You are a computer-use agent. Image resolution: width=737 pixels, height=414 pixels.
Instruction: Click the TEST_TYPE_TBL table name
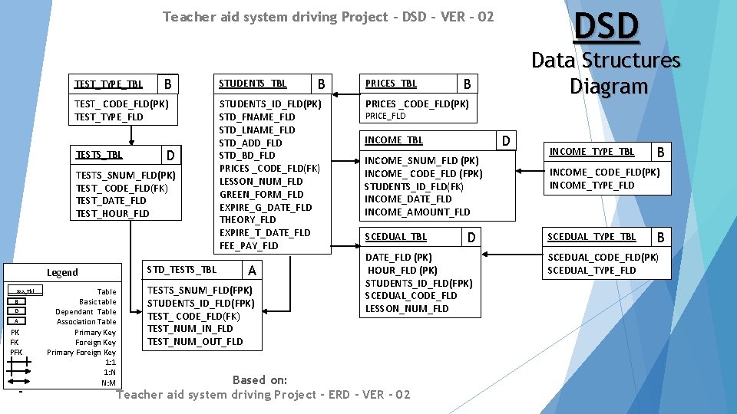108,84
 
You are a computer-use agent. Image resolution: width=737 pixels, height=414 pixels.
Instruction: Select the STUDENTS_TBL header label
253,84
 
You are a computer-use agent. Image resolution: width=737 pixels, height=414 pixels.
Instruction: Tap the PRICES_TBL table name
391,84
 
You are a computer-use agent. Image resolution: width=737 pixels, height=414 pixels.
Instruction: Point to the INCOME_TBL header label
393,140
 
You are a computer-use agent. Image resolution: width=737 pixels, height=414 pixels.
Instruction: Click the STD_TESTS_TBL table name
181,269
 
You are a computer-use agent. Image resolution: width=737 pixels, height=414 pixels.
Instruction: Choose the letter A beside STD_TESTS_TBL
252,270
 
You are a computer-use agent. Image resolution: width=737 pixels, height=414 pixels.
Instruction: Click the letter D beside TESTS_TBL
170,156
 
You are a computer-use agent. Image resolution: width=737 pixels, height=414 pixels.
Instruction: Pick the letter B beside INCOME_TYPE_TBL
659,152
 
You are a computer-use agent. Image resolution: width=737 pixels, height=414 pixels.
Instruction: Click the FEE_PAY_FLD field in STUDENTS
249,245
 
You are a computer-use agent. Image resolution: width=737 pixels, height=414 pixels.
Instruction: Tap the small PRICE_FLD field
385,117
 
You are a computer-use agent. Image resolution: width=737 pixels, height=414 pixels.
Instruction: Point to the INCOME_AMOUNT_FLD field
417,212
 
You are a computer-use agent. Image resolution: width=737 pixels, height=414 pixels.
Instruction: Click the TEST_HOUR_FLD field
112,213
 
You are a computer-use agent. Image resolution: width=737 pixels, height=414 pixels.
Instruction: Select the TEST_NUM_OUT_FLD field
195,341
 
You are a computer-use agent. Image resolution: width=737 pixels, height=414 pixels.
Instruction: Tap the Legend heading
62,272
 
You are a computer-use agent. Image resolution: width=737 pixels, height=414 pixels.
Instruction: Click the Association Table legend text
87,322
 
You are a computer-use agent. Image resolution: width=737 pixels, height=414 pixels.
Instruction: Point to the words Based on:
259,380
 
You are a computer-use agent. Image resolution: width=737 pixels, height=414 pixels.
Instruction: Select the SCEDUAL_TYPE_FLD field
591,270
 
